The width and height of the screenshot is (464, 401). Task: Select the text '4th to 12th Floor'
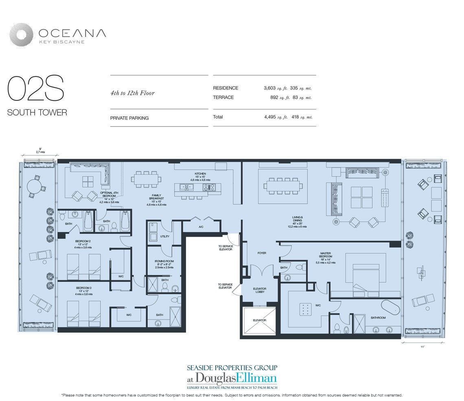point(132,93)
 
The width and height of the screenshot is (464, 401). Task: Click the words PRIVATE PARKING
point(129,118)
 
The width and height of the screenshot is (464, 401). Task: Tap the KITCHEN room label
point(200,174)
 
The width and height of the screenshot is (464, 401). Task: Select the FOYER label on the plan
point(262,253)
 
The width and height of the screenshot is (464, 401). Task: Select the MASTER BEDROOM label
point(326,255)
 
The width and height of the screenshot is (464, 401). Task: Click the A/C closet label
point(201,227)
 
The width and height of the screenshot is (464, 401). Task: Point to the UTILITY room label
point(165,236)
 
